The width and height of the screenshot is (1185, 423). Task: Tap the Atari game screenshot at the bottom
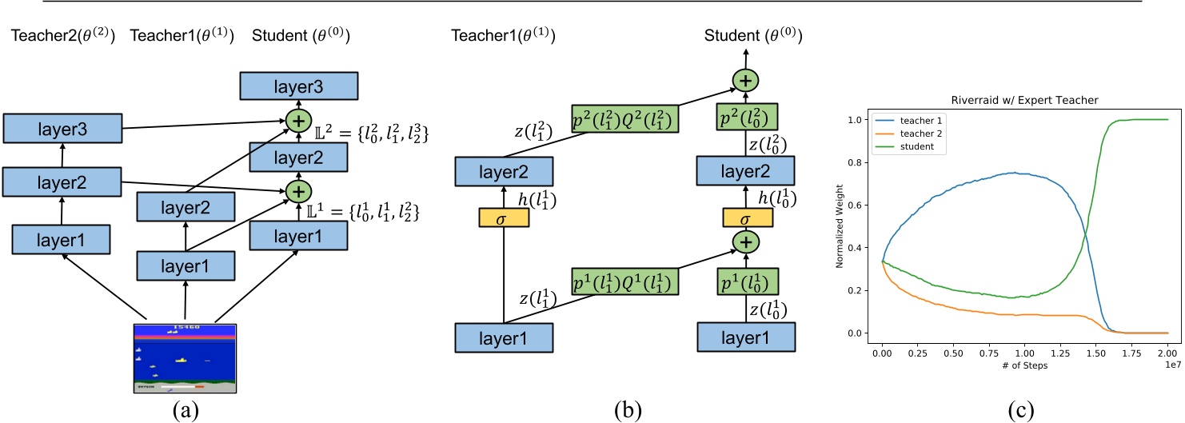(185, 357)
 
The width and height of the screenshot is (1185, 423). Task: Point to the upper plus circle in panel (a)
(297, 121)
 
